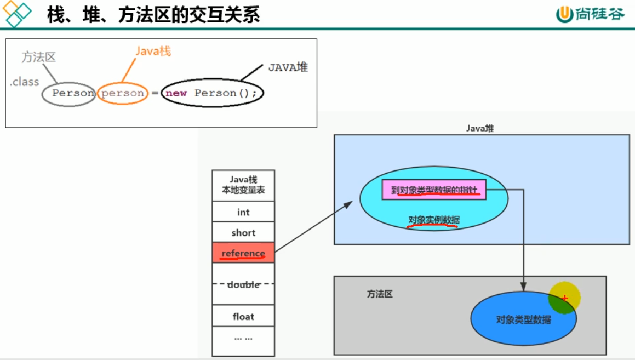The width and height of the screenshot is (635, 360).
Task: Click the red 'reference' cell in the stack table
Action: click(x=243, y=253)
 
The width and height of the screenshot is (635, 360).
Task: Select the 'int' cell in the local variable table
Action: click(x=243, y=212)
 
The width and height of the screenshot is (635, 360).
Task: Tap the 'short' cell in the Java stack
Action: click(x=243, y=233)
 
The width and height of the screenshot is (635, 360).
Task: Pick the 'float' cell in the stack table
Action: click(x=243, y=317)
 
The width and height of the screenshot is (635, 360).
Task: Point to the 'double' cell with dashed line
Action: click(x=243, y=284)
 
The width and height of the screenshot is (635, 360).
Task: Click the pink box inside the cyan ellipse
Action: click(x=434, y=190)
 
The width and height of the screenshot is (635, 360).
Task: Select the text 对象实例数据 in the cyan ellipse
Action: click(x=434, y=220)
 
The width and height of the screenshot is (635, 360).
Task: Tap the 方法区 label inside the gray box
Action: click(x=380, y=294)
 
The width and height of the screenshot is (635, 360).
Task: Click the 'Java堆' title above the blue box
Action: click(x=480, y=128)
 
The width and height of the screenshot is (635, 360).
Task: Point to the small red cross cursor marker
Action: click(x=565, y=298)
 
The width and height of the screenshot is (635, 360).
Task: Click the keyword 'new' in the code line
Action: click(x=176, y=93)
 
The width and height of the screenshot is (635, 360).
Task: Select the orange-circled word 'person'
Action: click(x=123, y=93)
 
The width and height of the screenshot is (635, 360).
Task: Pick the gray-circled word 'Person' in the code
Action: click(x=73, y=93)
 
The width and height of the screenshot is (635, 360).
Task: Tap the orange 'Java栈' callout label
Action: click(x=153, y=52)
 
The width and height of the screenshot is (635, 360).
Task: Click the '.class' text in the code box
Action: click(x=25, y=82)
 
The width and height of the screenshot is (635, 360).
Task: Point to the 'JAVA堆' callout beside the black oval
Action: click(x=288, y=67)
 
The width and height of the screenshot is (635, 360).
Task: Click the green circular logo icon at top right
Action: click(x=564, y=15)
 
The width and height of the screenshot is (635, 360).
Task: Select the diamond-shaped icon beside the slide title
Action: click(x=18, y=14)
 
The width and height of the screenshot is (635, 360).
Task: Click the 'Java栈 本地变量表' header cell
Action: click(x=243, y=185)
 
